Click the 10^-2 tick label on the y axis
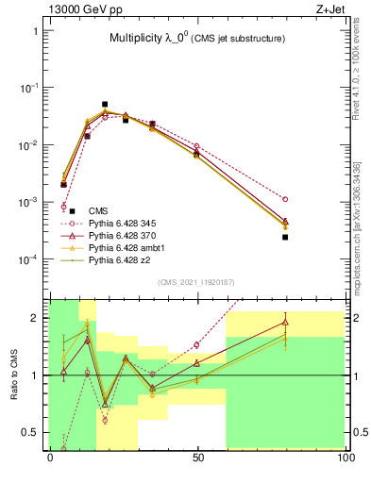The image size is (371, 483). tap(30, 145)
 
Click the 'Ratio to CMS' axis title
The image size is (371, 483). tap(14, 374)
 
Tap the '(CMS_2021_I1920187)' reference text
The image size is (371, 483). tap(197, 282)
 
